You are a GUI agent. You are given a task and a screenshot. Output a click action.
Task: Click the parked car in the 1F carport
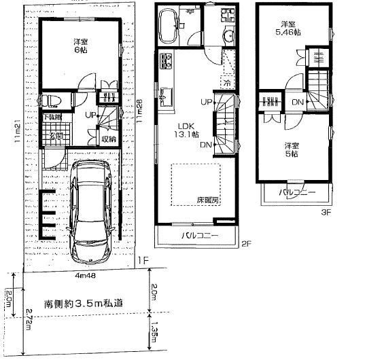coord(90,211)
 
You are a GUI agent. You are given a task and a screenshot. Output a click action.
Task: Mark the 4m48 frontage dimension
coord(84,275)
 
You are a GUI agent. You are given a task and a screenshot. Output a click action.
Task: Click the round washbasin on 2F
coord(227,35)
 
